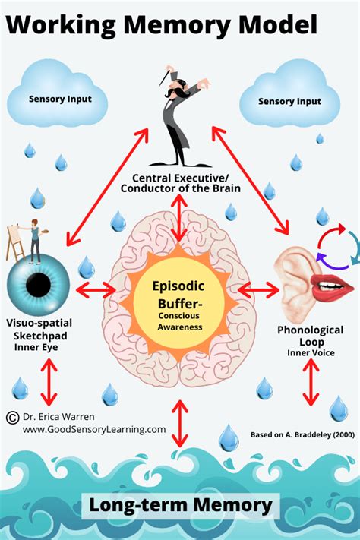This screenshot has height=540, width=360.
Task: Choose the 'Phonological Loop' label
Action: [310, 336]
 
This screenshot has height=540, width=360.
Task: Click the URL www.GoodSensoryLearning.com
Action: [94, 429]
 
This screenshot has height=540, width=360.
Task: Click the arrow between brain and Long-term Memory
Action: [180, 423]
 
